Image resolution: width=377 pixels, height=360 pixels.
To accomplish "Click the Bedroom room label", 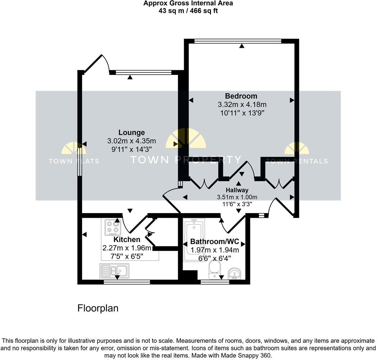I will (x=241, y=96).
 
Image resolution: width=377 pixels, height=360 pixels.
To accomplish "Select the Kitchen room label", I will (x=127, y=239).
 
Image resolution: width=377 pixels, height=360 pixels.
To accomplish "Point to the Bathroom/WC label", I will (x=214, y=241).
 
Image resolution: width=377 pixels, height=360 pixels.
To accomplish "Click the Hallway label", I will (x=237, y=190).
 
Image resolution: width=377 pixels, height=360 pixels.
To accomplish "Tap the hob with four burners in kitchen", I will (x=112, y=228).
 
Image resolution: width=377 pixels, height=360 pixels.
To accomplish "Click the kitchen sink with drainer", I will (x=114, y=270).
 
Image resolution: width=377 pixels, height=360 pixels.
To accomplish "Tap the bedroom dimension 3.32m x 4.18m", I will (x=242, y=105).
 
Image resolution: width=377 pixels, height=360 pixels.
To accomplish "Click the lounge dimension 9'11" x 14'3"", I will (x=131, y=148).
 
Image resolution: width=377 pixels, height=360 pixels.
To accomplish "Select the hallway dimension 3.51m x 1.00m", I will (x=237, y=197).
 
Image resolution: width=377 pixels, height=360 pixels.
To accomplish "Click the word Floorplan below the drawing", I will (x=98, y=309).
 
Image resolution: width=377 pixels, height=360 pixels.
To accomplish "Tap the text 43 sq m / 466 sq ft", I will (x=188, y=10).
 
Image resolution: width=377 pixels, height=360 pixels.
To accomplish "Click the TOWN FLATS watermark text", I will (x=74, y=161).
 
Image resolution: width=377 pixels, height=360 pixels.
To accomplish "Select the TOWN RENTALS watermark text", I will (x=297, y=161).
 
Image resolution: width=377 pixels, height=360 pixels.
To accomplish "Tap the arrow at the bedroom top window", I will (x=242, y=46).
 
